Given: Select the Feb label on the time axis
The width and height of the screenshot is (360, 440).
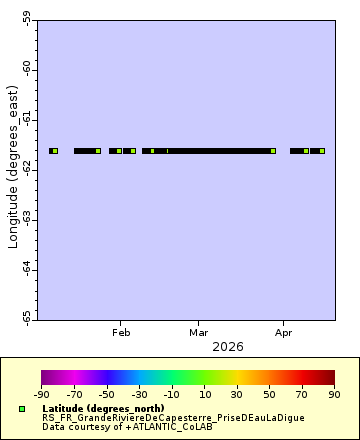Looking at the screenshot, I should [122, 331].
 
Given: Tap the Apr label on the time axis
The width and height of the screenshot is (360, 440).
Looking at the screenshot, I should [284, 331].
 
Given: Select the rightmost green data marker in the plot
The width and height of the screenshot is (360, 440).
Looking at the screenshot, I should [322, 151].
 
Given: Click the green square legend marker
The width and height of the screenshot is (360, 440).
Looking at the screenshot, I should [21, 409].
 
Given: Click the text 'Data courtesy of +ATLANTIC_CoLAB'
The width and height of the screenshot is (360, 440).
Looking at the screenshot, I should [127, 426].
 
